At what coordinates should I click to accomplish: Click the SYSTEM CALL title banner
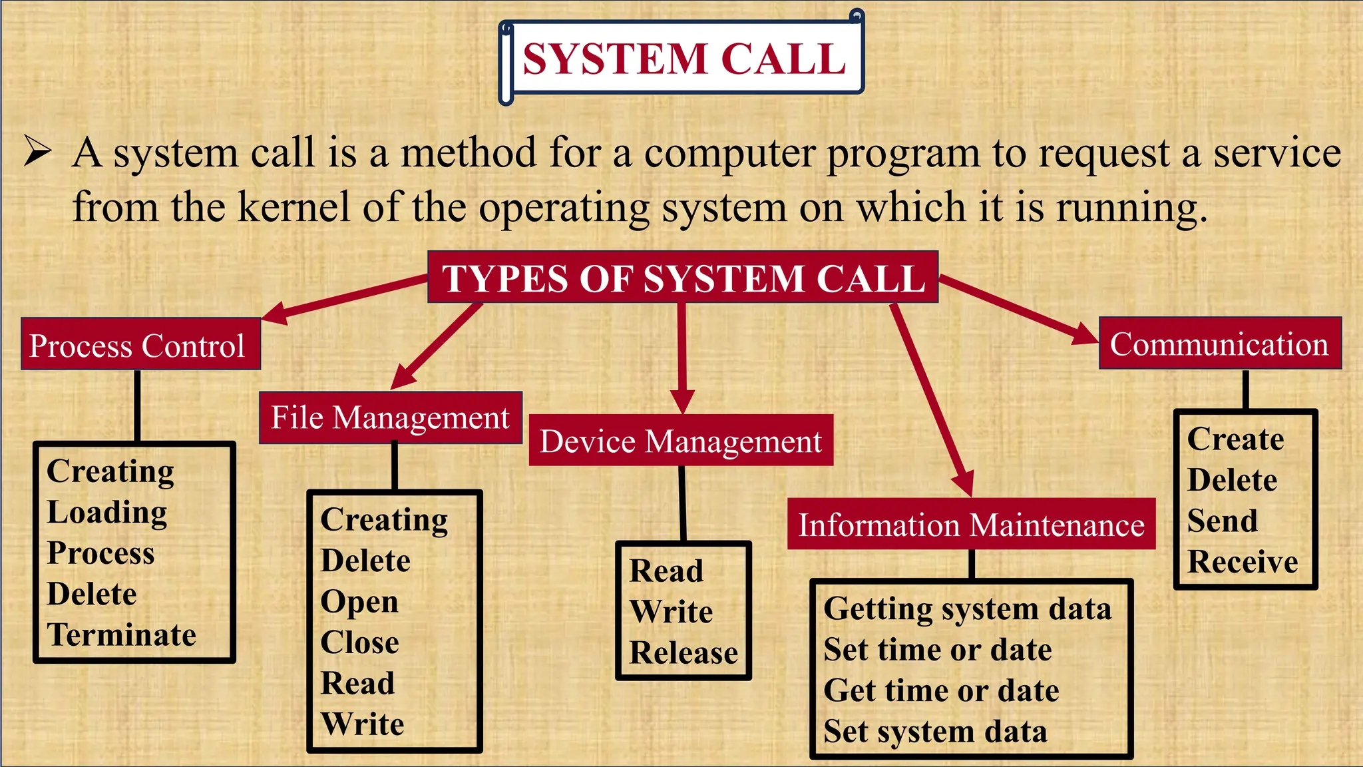point(683,59)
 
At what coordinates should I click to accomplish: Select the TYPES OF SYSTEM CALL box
point(683,278)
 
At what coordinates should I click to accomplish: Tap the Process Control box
point(140,345)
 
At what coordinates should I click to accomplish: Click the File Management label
point(390,418)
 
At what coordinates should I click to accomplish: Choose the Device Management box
point(681,441)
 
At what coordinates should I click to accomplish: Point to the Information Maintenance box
point(971,525)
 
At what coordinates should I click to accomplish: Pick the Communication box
point(1219,344)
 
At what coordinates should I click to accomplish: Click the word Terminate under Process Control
point(121,635)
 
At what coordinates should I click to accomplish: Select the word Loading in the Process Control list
point(107,513)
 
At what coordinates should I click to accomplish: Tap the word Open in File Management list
point(359,602)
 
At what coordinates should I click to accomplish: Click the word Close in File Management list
point(359,642)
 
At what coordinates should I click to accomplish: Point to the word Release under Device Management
point(683,652)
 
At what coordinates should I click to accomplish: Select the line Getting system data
point(967,609)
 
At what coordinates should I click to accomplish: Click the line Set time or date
point(938,650)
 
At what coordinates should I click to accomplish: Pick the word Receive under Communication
point(1243,562)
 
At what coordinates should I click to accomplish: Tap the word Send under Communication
point(1223,521)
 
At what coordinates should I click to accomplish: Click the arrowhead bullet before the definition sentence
point(37,151)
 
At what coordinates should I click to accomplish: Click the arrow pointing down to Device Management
point(681,360)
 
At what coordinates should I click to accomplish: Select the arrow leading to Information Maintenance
point(932,399)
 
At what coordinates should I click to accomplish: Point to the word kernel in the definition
point(293,206)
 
